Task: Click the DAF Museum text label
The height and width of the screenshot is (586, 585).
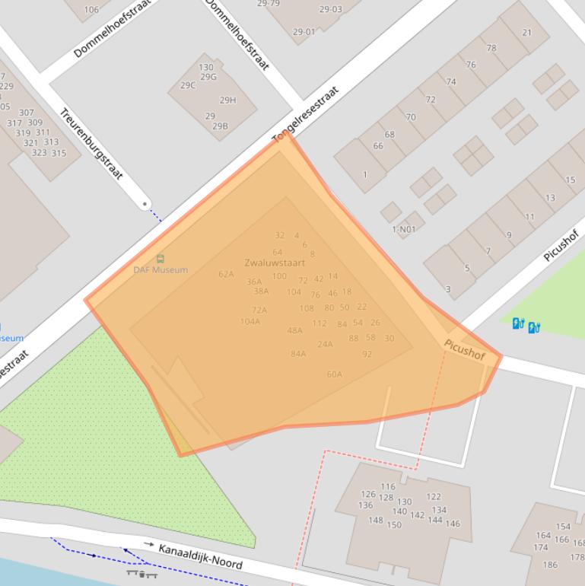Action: [161, 269]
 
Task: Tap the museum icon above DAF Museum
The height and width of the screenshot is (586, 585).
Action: [160, 259]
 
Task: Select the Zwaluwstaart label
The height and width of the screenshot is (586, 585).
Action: [269, 263]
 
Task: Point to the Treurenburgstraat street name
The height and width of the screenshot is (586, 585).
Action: [91, 144]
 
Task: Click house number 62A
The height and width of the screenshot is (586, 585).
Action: [226, 274]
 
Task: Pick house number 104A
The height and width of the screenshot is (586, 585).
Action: [250, 321]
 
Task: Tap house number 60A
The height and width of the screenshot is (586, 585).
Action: [335, 374]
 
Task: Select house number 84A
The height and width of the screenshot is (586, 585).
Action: [298, 353]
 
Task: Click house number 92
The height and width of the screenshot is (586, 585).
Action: [367, 354]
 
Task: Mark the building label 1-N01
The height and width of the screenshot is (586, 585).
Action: [404, 229]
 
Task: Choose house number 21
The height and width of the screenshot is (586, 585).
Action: [527, 33]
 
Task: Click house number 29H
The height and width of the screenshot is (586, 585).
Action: [227, 100]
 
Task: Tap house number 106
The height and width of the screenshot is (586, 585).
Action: [91, 10]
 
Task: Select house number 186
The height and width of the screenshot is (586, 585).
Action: [550, 565]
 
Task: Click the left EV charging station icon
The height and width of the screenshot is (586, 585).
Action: [518, 323]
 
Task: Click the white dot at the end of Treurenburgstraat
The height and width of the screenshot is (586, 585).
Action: [145, 204]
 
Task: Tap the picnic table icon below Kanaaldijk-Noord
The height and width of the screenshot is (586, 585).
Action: [142, 573]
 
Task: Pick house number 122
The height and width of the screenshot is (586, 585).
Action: [434, 496]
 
